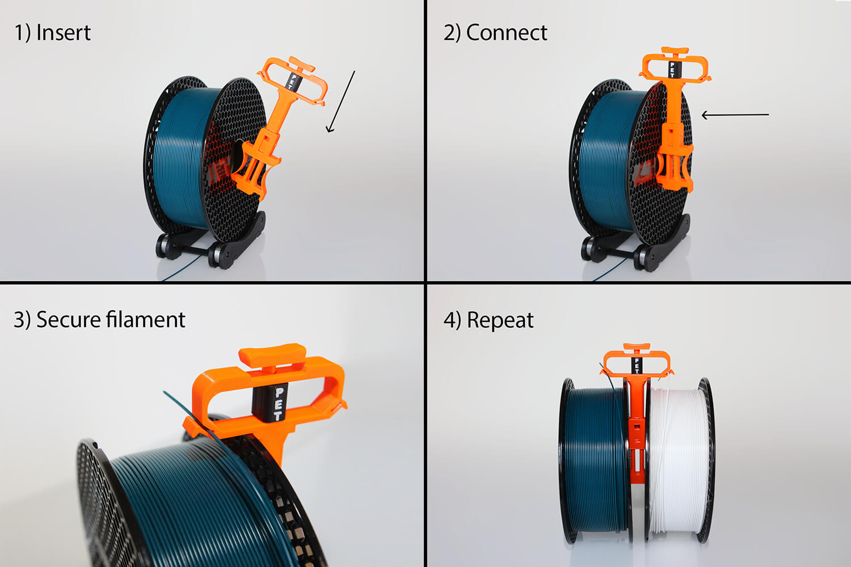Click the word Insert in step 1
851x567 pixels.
pos(63,33)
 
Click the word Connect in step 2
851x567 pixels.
pos(506,33)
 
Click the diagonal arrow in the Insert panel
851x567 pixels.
pos(341,102)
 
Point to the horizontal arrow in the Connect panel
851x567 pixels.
pos(735,115)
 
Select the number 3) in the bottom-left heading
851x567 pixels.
pos(22,320)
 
